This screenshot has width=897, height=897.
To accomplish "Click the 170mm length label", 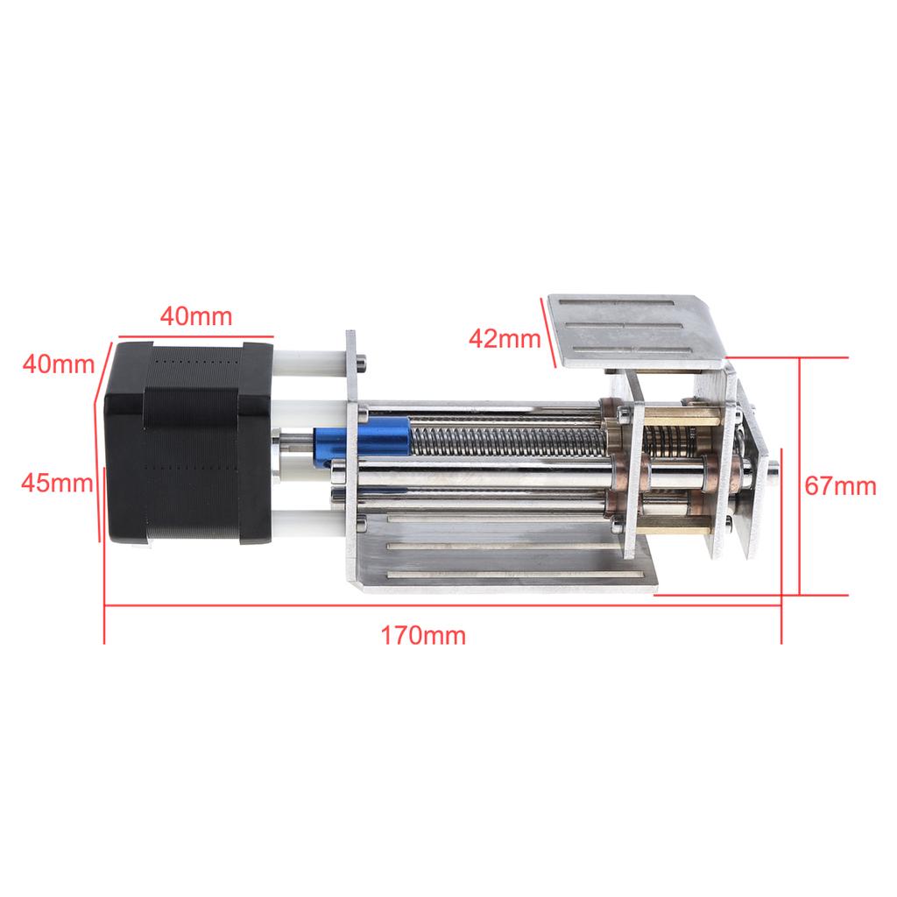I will pos(423,635).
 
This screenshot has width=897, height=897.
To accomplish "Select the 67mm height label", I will pos(841,486).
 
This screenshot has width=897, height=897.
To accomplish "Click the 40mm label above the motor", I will pos(195,316).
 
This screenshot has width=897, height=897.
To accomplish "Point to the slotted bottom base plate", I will pos(508,561).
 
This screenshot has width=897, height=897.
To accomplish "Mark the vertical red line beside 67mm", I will pos(800,477).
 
